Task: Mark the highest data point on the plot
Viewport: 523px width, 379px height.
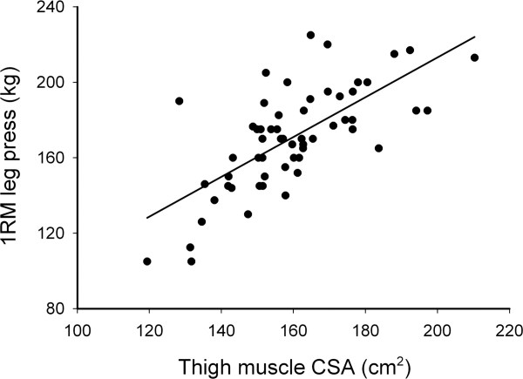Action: (310, 35)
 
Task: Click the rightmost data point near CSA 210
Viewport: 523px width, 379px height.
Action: (474, 58)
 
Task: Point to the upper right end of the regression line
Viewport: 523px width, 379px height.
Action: (475, 37)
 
